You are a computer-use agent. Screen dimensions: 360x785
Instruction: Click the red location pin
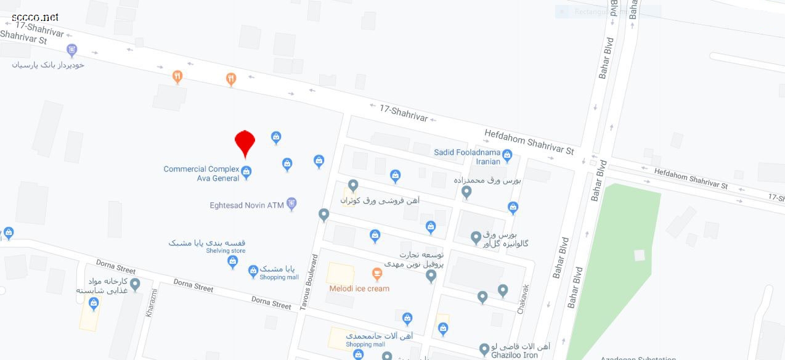245,142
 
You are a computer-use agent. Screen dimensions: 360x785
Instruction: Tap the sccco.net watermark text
35,17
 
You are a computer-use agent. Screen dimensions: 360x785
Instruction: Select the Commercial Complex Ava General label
201,174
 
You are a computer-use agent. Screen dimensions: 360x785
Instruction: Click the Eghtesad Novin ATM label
246,205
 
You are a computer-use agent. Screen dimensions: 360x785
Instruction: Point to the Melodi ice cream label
359,288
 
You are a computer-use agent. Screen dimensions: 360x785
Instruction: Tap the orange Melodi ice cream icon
377,273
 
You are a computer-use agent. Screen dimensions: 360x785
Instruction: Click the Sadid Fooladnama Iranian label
467,157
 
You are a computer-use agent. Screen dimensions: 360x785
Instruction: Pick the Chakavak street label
523,299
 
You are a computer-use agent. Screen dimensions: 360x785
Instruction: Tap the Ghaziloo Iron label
514,354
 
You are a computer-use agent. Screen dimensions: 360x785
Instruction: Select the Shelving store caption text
226,251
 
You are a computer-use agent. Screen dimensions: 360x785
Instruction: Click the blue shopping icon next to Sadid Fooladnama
507,156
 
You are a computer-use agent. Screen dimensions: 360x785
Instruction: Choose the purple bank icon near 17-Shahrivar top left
72,50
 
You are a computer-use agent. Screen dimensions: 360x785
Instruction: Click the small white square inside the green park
640,255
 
